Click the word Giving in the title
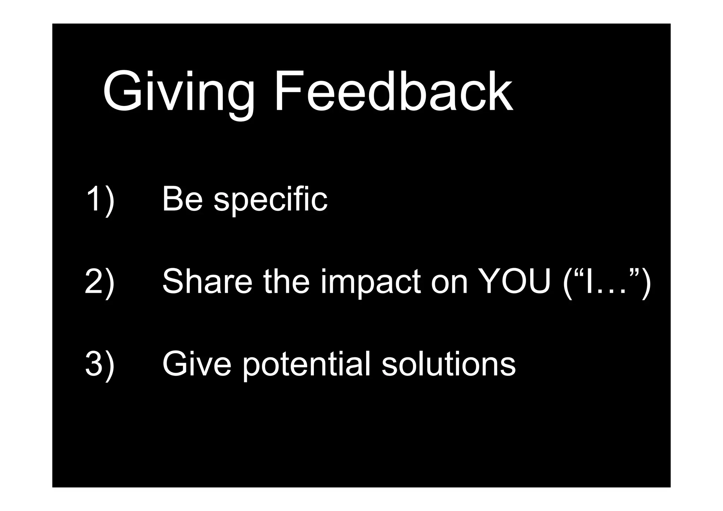(178, 93)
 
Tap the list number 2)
(100, 281)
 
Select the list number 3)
(100, 364)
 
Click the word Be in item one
(182, 199)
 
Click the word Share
(207, 281)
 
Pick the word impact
(371, 283)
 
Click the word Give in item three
(197, 364)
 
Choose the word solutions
(448, 364)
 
